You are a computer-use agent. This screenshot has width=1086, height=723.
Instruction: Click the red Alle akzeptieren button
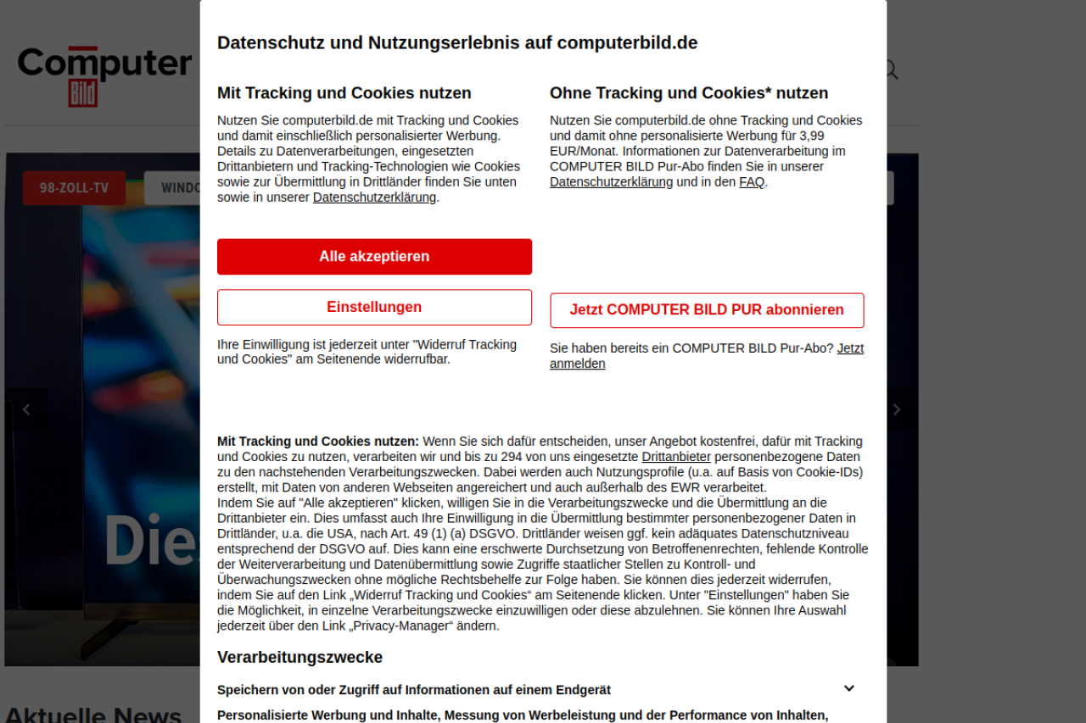pos(374,256)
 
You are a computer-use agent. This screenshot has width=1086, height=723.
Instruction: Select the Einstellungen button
pos(374,307)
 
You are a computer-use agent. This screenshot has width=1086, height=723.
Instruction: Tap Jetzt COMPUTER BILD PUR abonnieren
pos(707,310)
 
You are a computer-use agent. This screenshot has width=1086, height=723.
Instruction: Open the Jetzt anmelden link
pos(850,348)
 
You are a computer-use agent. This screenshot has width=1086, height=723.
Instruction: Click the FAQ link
pos(751,182)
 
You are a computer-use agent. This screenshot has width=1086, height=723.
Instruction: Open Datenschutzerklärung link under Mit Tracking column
pos(374,197)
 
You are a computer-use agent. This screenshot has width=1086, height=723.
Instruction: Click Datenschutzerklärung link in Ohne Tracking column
pos(611,182)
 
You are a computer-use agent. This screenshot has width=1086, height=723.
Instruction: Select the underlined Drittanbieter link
pos(676,457)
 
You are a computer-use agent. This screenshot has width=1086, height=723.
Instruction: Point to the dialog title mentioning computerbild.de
pos(457,42)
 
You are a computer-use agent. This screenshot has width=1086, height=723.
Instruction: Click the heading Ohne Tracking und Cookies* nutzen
pos(689,93)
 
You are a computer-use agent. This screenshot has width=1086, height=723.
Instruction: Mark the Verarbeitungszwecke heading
pos(299,657)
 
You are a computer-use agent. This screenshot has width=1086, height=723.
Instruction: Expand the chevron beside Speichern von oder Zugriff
pos(848,688)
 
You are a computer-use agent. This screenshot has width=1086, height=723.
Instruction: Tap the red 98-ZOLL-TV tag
pos(74,188)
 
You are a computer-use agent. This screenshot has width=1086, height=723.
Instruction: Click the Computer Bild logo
pos(104,75)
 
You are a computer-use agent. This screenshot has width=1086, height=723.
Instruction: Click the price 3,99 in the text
pos(812,136)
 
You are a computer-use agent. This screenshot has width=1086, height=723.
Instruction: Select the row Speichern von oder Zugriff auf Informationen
pos(414,690)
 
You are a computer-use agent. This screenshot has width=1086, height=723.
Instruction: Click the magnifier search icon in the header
pos(890,70)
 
